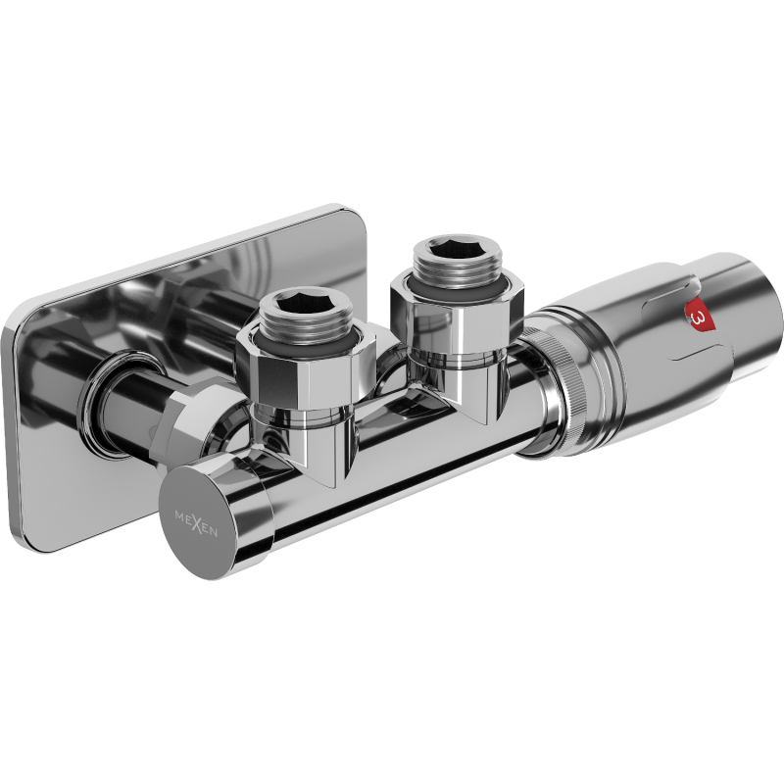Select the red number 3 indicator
tap(698, 318)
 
